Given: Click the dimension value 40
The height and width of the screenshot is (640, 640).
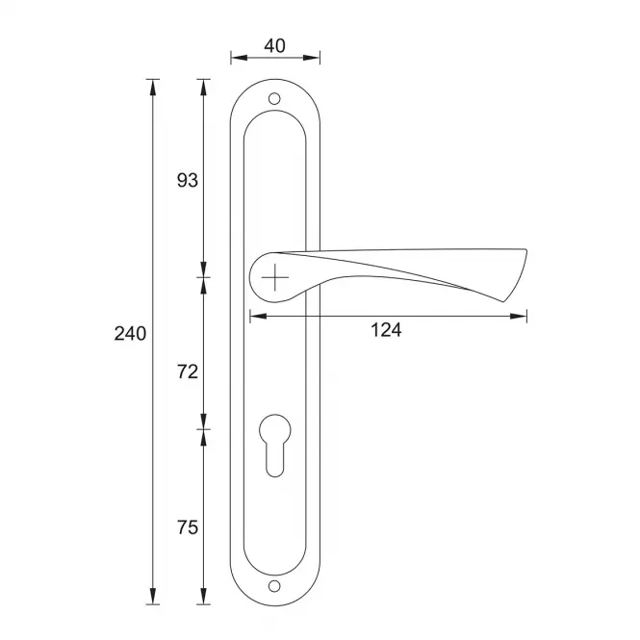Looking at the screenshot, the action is pos(274,46).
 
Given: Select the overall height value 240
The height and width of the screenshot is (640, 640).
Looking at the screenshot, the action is pos(130,333).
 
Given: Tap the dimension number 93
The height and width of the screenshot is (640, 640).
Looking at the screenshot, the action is pos(188,180).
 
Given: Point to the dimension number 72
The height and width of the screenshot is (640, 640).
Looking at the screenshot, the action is pos(188,371).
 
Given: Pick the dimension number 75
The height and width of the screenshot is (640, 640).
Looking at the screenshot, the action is pos(188,527).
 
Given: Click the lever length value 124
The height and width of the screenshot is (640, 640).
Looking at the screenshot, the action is pos(386,330).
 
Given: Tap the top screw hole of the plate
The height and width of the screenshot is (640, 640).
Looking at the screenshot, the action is pos(274,99).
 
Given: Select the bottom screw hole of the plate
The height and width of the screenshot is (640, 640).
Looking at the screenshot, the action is pos(274,586).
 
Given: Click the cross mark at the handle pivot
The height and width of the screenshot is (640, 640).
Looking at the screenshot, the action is pos(275,277).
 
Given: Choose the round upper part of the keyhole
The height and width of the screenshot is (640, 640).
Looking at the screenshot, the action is pos(275,429).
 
